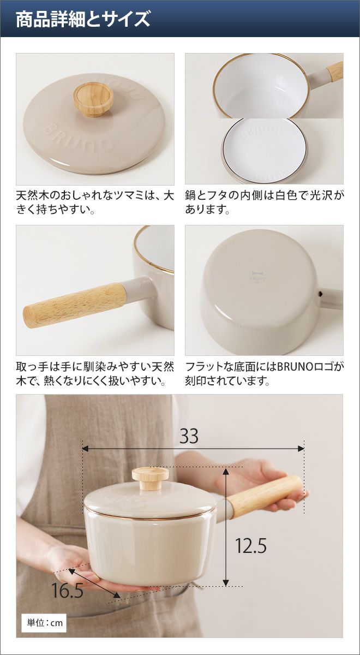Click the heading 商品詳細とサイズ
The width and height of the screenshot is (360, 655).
83,19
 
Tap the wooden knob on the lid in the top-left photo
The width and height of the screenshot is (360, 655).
93,99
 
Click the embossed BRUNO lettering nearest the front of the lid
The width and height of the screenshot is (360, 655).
79,138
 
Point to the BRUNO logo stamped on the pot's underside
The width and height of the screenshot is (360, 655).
258,276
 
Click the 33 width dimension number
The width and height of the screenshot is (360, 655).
189,436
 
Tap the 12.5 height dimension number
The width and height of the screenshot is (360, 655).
251,546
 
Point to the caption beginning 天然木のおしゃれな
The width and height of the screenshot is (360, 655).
95,203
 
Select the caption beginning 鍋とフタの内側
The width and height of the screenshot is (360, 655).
264,203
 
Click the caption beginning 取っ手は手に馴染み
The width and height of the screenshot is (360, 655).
95,373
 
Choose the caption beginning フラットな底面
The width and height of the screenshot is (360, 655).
264,373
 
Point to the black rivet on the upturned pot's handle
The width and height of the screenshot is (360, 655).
321,292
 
